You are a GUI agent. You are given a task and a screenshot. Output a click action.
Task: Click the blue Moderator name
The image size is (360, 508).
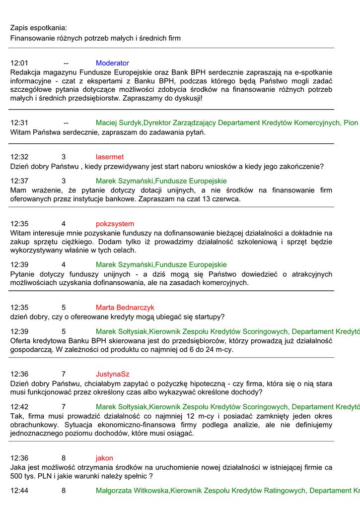tap(112, 63)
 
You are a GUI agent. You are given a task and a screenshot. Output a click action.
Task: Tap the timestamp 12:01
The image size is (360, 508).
tap(19, 63)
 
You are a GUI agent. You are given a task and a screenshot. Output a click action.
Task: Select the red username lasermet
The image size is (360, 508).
tap(110, 157)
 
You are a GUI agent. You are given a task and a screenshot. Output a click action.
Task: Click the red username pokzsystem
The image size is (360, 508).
tap(115, 224)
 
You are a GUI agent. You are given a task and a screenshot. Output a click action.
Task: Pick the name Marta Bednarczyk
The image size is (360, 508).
tap(125, 308)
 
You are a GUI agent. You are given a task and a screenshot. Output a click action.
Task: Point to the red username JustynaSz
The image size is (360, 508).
tap(112, 374)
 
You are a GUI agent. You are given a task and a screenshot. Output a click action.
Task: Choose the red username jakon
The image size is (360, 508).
tap(104, 458)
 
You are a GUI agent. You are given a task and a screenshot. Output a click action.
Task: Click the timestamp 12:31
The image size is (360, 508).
tap(19, 123)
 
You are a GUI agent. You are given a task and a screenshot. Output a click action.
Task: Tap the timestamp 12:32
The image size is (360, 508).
tap(19, 157)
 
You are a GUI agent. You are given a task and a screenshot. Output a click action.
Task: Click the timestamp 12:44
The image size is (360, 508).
tap(19, 491)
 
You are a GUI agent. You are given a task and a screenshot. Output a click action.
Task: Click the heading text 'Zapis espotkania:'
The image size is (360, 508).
tap(39, 28)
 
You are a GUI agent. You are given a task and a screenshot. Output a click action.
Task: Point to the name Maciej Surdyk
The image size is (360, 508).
tap(119, 123)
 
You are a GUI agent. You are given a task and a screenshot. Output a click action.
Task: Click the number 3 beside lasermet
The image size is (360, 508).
tap(64, 157)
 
